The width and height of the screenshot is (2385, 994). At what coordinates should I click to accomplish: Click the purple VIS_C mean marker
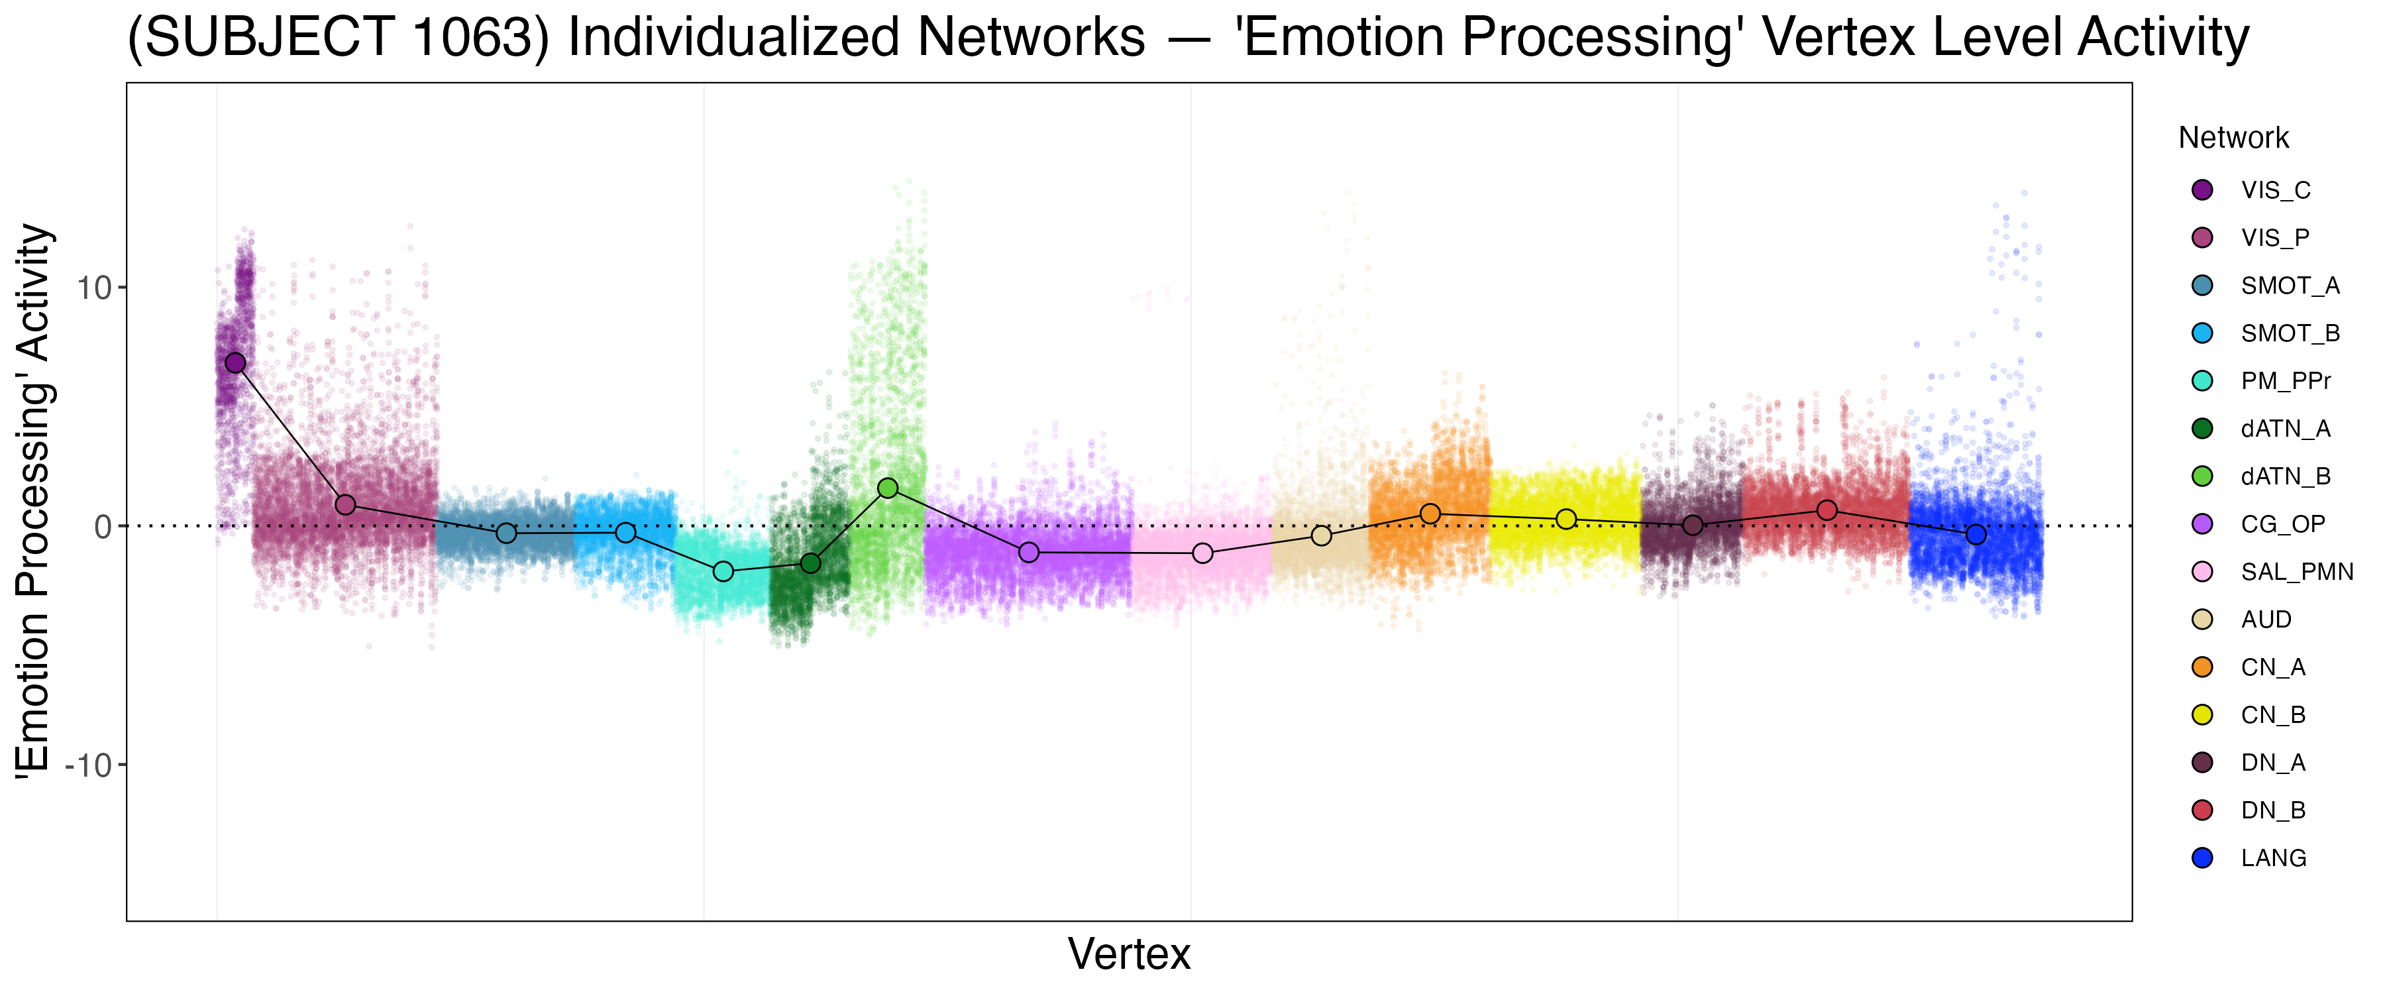(236, 362)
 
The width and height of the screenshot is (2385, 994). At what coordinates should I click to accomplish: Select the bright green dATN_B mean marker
(888, 488)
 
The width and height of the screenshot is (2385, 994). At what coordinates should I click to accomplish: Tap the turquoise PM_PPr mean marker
(724, 572)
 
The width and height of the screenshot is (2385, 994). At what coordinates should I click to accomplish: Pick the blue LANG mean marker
(1976, 535)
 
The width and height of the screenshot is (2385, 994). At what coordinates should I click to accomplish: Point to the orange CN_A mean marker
(1430, 513)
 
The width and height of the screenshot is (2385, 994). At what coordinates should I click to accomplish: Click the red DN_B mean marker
(1827, 510)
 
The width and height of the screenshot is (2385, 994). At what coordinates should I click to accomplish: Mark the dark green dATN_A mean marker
(810, 563)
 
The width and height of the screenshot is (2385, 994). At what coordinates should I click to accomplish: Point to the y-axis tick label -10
(88, 765)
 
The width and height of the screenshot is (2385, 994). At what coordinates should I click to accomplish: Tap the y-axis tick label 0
(103, 526)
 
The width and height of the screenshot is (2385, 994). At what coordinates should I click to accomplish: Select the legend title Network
(2233, 138)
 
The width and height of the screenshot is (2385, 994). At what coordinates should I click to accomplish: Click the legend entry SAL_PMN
(2296, 572)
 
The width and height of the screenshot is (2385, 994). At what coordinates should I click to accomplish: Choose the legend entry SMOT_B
(2290, 333)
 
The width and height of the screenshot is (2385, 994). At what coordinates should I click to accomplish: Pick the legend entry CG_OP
(2282, 524)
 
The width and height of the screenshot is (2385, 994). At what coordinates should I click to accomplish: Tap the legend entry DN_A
(2273, 763)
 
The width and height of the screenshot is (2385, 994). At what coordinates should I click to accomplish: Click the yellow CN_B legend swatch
(2203, 715)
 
